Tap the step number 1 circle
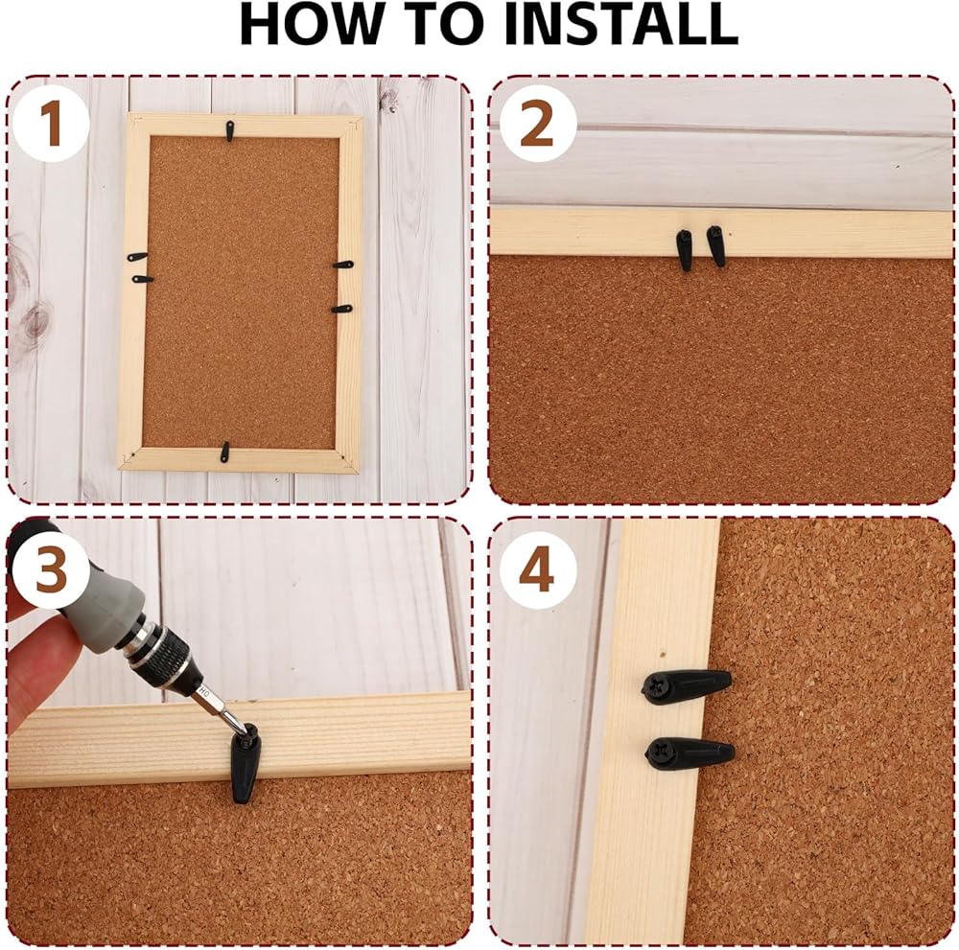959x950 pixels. (52, 125)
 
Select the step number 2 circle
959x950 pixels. (538, 125)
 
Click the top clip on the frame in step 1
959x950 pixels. (230, 130)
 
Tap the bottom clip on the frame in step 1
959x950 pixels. (224, 452)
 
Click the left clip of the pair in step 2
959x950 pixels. (685, 249)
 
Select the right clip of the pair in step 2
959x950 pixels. (716, 245)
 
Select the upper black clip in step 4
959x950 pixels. (687, 686)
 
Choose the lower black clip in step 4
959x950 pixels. (690, 753)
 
